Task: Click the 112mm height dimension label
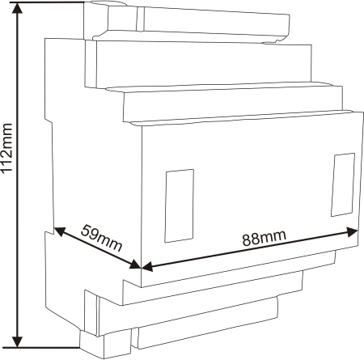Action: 6,148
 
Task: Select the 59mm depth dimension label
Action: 101,238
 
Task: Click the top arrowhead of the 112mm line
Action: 18,8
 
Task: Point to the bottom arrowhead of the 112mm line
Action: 18,341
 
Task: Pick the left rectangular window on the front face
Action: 180,206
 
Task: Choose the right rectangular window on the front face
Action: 343,184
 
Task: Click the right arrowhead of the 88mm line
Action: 352,231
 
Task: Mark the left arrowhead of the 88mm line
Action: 147,267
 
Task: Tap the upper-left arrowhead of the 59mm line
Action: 60,231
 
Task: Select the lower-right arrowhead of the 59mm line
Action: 135,265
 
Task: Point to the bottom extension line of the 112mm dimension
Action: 41,348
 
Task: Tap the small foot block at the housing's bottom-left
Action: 105,345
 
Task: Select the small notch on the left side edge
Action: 49,120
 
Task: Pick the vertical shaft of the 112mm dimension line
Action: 18,175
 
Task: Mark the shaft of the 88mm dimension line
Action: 250,249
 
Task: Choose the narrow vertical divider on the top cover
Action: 140,19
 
